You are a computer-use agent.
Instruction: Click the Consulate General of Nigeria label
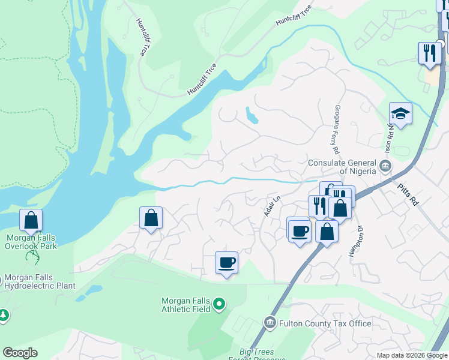point(342,163)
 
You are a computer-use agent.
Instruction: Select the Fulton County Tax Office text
point(327,324)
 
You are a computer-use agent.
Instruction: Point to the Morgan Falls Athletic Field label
point(186,304)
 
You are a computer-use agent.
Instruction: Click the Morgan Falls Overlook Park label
point(31,242)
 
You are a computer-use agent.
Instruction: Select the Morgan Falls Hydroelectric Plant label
point(40,282)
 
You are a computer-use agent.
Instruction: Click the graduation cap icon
point(400,113)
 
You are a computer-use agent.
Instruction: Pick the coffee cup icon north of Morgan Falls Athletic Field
point(226,262)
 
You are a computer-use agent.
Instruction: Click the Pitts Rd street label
point(408,196)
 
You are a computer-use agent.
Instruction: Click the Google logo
point(20,353)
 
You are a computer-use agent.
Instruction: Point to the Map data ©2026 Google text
point(412,355)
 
